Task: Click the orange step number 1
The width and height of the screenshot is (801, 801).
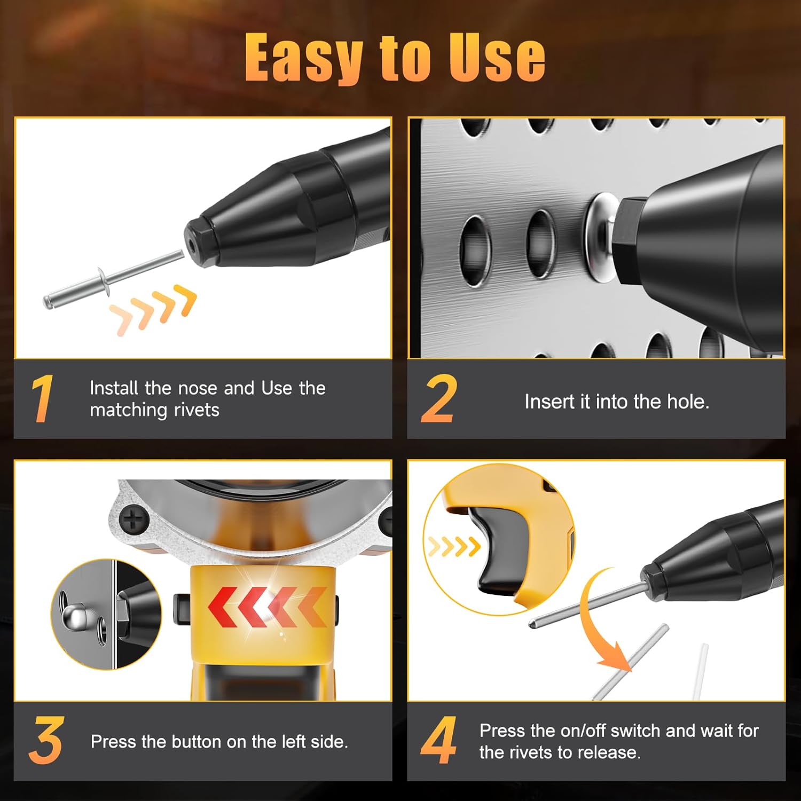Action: point(42,398)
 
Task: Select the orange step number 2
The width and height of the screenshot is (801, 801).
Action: point(438,398)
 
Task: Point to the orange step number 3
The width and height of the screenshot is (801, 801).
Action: point(46,741)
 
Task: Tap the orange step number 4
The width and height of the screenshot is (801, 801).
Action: point(438,741)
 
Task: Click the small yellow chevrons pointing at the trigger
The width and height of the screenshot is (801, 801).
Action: point(454,546)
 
